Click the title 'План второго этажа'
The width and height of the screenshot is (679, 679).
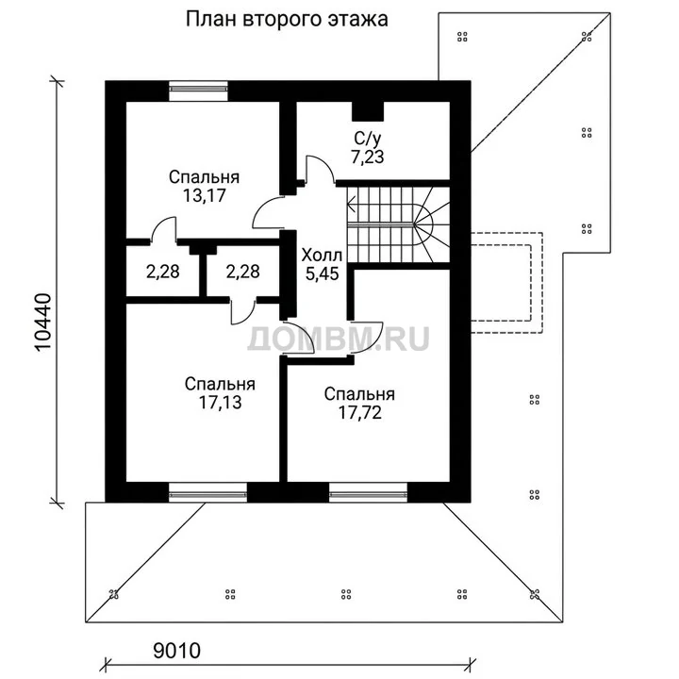coord(287,20)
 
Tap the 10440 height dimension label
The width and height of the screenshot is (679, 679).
coord(43,323)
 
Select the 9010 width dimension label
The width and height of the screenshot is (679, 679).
coord(177,651)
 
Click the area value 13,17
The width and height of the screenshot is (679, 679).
coord(205,196)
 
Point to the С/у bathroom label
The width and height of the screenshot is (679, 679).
coord(368,139)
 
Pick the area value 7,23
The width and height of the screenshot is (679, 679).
coord(367,157)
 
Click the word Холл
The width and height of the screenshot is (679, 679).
coord(322,255)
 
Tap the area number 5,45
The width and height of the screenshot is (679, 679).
coord(322,273)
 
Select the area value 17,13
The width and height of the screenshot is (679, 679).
coord(220,403)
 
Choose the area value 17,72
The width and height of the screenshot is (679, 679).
coord(360,413)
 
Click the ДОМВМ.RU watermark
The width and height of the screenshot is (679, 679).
coord(339,339)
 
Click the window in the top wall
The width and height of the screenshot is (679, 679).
coord(198,91)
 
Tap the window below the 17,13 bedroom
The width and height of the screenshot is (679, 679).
coord(207,492)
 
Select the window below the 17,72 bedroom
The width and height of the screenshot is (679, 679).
coord(368,492)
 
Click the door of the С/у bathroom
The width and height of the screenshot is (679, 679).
coord(319,170)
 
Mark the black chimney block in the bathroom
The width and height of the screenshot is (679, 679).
coord(368,111)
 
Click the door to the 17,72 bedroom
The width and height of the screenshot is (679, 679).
coord(366,338)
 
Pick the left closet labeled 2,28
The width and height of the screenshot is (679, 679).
coord(163,272)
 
